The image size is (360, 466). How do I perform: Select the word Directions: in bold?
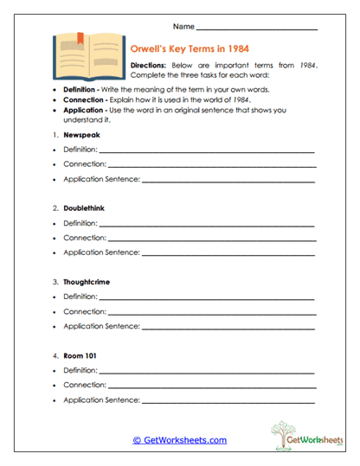148,66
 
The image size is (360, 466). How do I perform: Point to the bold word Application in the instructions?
86,112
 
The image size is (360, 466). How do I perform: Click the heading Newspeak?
82,136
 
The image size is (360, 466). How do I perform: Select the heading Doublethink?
87,208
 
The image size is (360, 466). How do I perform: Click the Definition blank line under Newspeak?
207,153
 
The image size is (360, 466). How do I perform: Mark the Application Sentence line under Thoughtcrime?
228,328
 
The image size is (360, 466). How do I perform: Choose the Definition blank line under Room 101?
207,372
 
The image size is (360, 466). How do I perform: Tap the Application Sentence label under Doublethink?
101,252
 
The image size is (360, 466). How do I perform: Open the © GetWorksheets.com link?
179,440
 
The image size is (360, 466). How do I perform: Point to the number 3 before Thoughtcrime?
55,282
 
